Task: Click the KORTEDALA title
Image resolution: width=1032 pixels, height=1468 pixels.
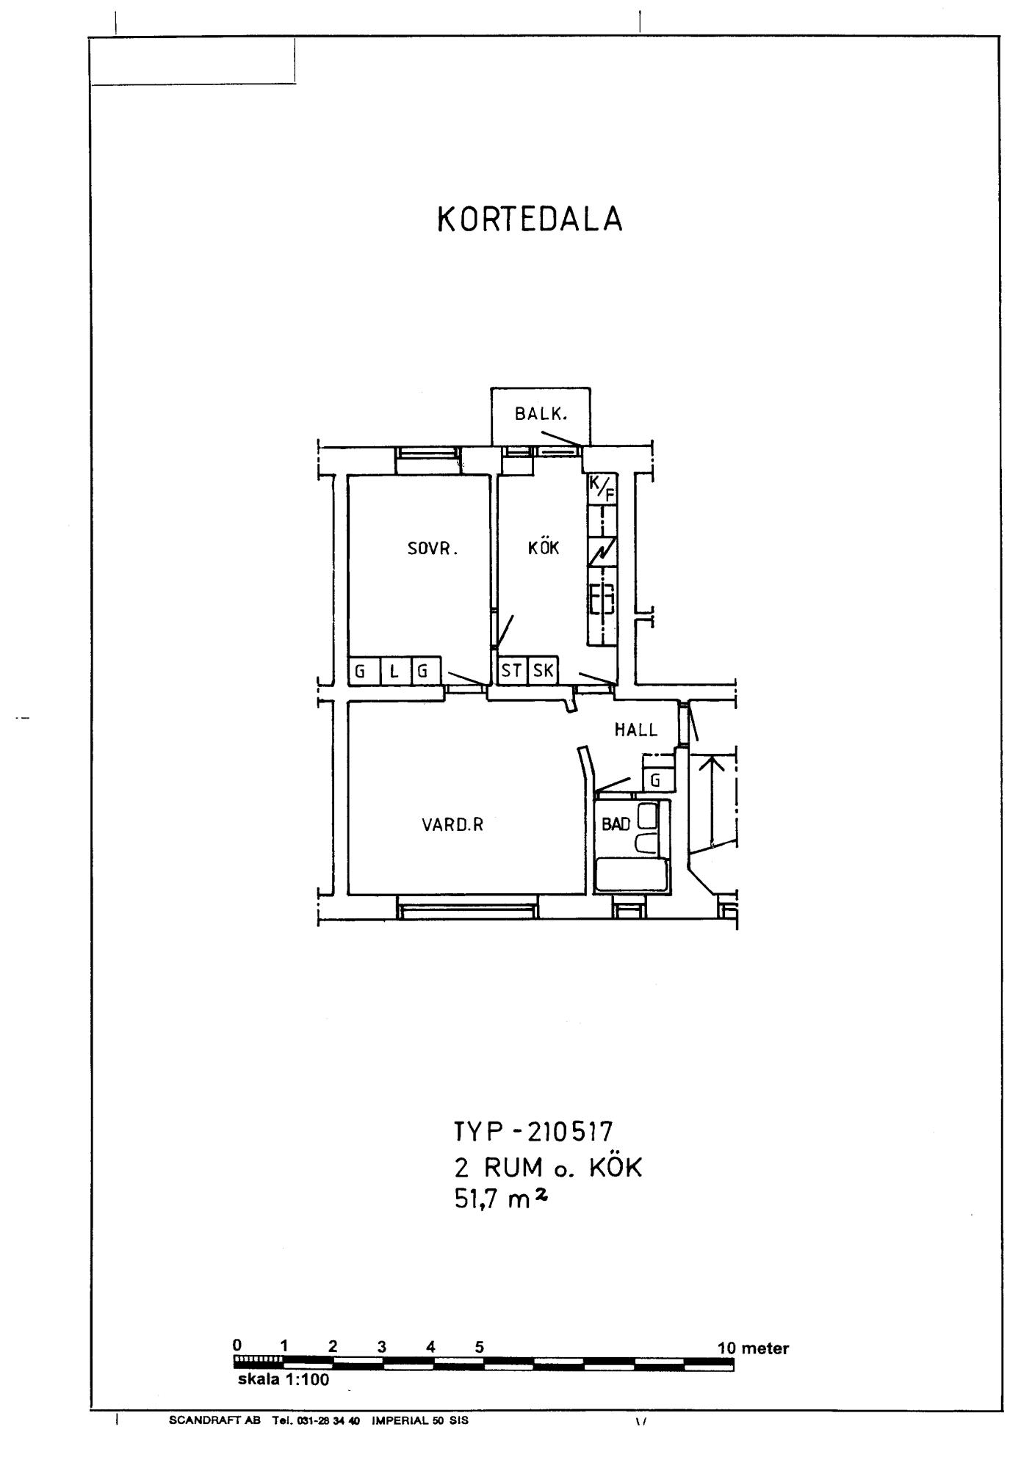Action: coord(530,219)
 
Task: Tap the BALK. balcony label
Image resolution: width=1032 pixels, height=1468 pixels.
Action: coord(541,414)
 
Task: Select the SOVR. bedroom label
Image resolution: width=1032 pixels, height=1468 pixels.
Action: coord(433,548)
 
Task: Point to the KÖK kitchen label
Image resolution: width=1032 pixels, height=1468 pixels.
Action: coord(544,547)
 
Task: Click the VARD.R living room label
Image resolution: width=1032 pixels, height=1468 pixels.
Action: coord(452,824)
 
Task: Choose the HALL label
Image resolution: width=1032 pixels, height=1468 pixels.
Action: coord(636,730)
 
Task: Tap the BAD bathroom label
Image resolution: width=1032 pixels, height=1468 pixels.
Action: coord(616,824)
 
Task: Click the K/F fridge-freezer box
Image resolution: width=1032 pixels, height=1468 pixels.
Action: coord(602,489)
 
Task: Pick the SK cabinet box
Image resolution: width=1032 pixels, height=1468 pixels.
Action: coord(543,670)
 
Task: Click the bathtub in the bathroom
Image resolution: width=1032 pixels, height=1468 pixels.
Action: coord(632,875)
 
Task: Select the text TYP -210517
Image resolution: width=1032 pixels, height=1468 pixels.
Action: coord(533,1132)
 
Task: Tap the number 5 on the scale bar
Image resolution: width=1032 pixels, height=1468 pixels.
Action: coord(479,1347)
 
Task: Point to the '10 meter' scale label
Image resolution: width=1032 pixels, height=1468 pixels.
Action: coord(753,1348)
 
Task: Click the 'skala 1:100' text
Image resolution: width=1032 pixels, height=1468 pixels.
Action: coord(284,1379)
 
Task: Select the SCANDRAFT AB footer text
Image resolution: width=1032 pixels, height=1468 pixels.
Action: coord(214,1420)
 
